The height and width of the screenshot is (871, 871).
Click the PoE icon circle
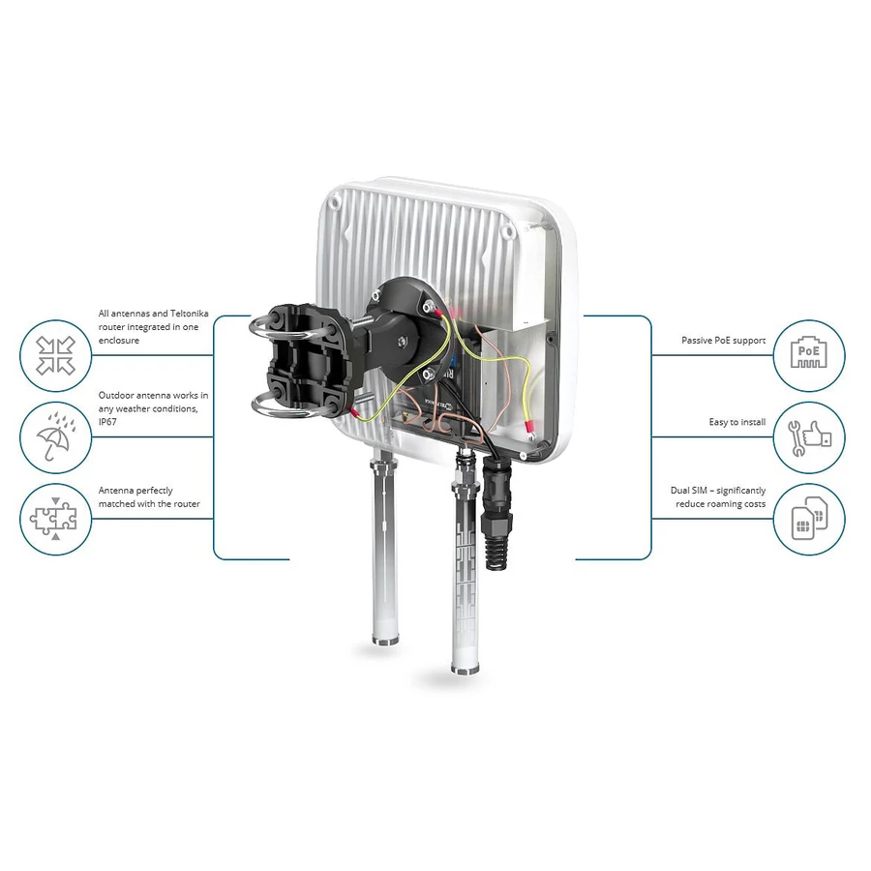point(809,355)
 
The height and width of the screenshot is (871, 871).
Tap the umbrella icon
point(55,437)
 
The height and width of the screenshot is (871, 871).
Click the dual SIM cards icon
point(809,518)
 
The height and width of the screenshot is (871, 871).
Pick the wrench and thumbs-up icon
point(809,437)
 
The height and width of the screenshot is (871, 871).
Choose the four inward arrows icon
point(55,355)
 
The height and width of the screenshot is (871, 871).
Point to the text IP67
point(107,422)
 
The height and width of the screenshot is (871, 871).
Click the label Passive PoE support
point(723,340)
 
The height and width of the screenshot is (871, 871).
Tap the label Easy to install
point(737,422)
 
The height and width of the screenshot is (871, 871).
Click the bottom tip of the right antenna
point(465,670)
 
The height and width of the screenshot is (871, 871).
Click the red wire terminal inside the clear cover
point(529,428)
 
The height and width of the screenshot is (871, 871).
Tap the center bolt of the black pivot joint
point(400,340)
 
